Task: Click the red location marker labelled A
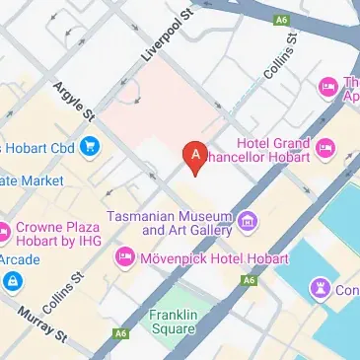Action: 195,156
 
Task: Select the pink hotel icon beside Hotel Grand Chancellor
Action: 325,148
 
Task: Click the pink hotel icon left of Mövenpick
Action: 125,258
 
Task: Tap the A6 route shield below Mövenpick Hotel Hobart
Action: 250,281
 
